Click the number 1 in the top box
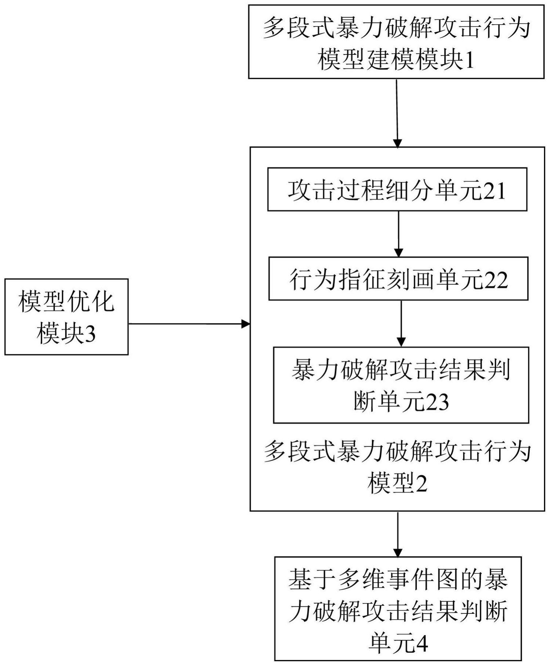pyautogui.click(x=469, y=60)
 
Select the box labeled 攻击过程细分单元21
pyautogui.click(x=397, y=189)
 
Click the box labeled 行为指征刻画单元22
pyautogui.click(x=398, y=279)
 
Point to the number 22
pyautogui.click(x=495, y=280)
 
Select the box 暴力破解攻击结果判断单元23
pyautogui.click(x=401, y=385)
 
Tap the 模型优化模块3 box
pyautogui.click(x=66, y=317)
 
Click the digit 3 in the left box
pyautogui.click(x=90, y=334)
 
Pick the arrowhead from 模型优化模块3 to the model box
pyautogui.click(x=246, y=324)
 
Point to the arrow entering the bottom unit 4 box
pyautogui.click(x=398, y=534)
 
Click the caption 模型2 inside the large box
pyautogui.click(x=397, y=483)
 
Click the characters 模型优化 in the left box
pyautogui.click(x=67, y=302)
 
